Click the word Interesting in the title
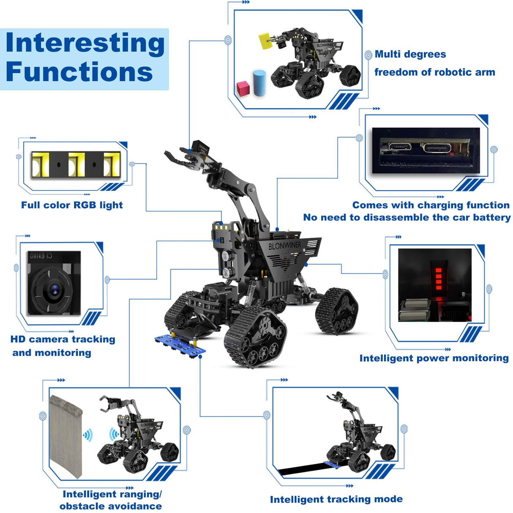click(x=85, y=43)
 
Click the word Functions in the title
click(x=79, y=72)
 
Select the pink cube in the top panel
click(x=243, y=88)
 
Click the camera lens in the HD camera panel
click(x=54, y=289)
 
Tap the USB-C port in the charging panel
click(x=437, y=148)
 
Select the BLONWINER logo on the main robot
click(x=285, y=245)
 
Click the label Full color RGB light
click(x=72, y=205)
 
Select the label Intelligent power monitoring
click(x=434, y=358)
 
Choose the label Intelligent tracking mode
click(x=336, y=499)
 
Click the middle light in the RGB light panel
click(x=77, y=164)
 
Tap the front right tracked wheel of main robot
click(x=256, y=336)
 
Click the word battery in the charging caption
click(x=491, y=217)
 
